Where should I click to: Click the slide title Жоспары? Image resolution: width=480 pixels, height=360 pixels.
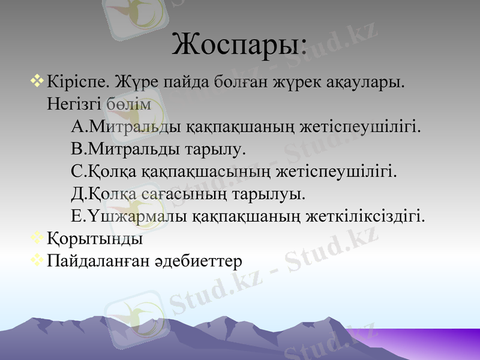(x=239, y=44)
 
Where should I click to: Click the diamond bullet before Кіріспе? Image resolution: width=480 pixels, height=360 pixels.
(x=37, y=79)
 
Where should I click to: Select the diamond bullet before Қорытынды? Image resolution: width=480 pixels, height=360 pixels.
(x=37, y=238)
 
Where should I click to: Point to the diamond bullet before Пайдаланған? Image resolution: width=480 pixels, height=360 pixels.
(x=37, y=260)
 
